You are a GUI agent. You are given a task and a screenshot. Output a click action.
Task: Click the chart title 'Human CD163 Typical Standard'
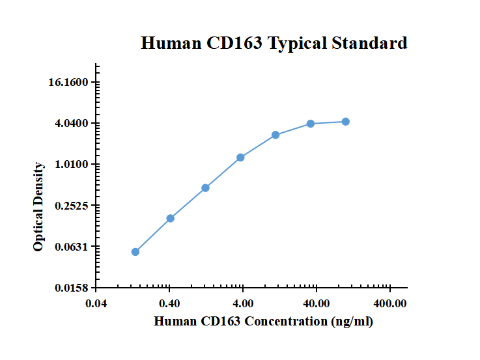point(274,44)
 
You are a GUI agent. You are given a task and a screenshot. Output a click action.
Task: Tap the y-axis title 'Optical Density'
point(39,206)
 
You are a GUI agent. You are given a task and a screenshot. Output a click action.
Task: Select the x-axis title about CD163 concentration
point(263,321)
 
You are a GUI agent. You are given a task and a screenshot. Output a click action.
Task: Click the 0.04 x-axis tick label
point(96,303)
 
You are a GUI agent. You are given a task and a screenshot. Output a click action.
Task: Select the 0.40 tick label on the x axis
point(169,303)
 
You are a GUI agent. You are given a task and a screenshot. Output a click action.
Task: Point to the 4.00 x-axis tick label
point(243,303)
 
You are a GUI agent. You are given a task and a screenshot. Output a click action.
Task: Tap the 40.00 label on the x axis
point(317,303)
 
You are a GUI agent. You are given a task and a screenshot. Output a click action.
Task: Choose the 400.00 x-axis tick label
point(389,303)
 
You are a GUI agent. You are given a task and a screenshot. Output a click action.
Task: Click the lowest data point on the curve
point(135,252)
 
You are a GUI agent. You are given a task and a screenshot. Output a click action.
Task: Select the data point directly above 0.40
point(170,218)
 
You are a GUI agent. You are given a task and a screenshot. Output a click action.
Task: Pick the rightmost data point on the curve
point(345,122)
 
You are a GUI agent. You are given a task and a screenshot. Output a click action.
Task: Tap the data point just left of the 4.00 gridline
point(240,158)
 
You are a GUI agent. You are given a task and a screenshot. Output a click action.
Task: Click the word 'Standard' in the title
point(370,44)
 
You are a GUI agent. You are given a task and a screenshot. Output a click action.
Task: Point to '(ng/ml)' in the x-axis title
point(352,321)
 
